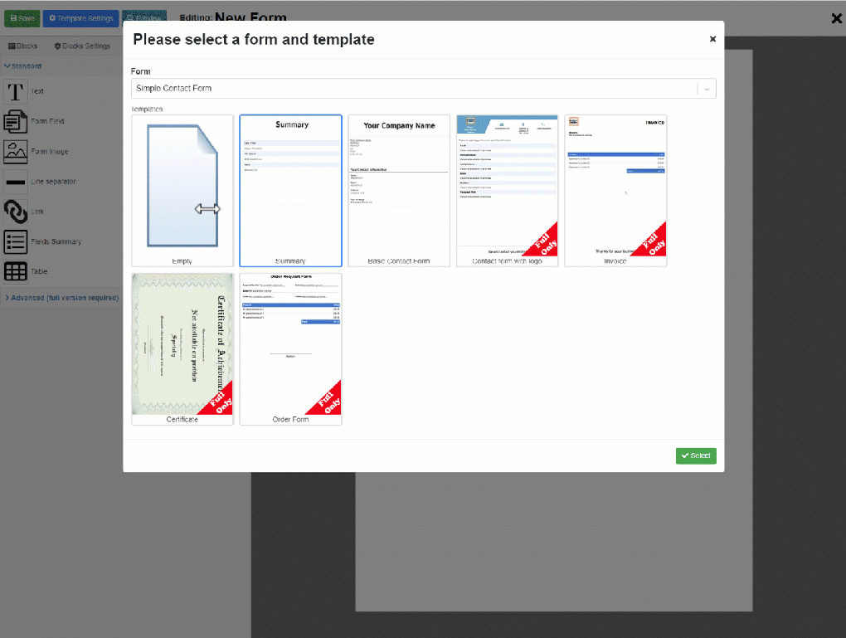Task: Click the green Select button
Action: click(696, 455)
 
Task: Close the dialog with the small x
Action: click(712, 39)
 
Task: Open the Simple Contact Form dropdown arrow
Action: click(707, 89)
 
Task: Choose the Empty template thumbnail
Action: click(182, 190)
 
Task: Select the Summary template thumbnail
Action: click(290, 190)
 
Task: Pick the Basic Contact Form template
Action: click(399, 190)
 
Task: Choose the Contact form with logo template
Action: click(507, 190)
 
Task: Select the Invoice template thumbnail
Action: click(615, 190)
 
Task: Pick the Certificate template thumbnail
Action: click(182, 348)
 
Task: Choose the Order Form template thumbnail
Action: click(290, 348)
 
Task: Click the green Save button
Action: click(22, 17)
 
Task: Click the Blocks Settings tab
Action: click(82, 46)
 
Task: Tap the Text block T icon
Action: click(15, 91)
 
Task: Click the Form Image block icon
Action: click(15, 152)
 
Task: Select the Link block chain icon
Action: click(15, 212)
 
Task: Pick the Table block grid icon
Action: click(15, 271)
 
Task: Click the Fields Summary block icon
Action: click(15, 241)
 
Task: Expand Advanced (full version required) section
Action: click(62, 297)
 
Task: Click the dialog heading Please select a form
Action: click(254, 39)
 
